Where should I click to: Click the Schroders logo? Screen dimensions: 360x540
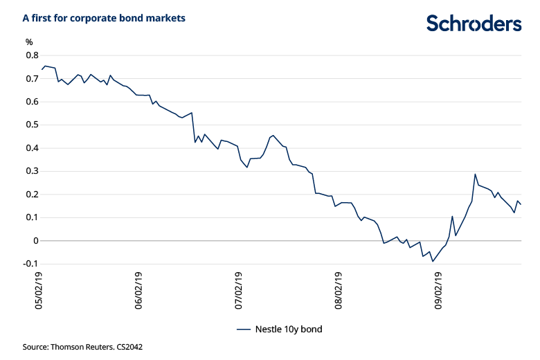[474, 23]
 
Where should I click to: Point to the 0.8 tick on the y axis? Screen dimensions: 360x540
[32, 55]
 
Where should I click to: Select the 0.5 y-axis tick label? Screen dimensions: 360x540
[32, 125]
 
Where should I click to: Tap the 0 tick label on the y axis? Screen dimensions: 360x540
[35, 241]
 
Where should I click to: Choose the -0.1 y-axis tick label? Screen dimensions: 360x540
[30, 264]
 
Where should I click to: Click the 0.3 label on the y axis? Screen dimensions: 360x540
[32, 172]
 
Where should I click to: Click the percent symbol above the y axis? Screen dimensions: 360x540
[30, 42]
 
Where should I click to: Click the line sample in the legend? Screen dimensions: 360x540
[243, 330]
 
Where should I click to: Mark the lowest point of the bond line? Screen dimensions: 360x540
[433, 261]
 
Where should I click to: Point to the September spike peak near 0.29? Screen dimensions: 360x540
[475, 174]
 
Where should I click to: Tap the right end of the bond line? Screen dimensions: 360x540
[521, 204]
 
